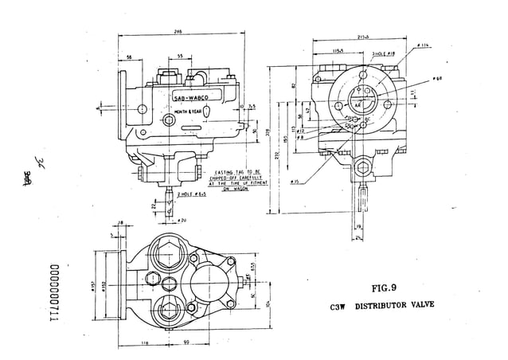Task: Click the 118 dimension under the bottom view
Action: click(x=143, y=342)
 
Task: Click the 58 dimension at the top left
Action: click(x=128, y=57)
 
